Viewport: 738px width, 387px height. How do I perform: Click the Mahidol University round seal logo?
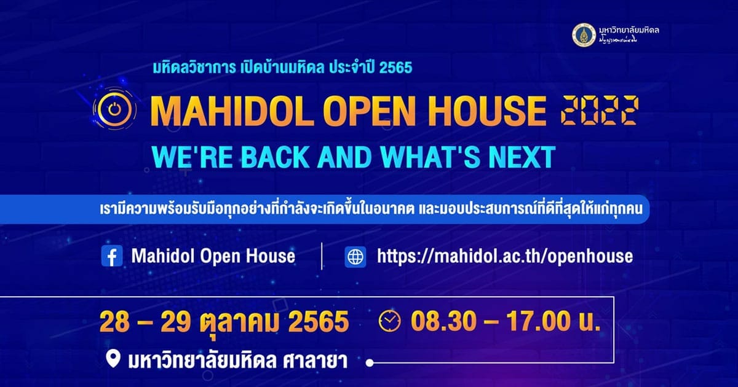(584, 35)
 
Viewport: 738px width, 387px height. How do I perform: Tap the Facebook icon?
(112, 256)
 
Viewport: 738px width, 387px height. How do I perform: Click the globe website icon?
(355, 257)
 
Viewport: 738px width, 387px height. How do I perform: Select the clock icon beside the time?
(390, 321)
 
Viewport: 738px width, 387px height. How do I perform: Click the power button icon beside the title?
(114, 109)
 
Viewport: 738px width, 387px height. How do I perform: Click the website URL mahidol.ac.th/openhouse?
(505, 256)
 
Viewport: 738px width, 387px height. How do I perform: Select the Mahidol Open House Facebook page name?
(213, 256)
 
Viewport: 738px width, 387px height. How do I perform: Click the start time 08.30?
(443, 321)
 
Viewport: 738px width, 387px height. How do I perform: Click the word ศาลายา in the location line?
(315, 360)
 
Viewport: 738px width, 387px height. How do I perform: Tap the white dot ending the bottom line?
(370, 363)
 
